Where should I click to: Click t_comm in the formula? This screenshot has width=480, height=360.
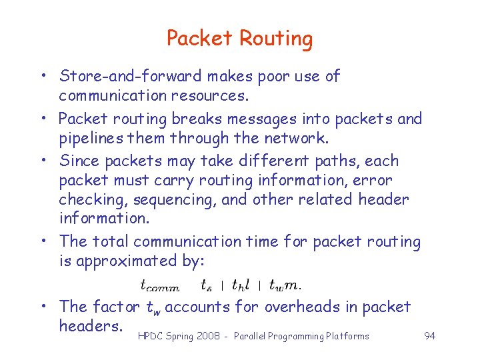(x=159, y=285)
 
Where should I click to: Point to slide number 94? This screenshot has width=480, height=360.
(x=430, y=336)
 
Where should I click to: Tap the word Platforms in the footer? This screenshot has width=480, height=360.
(x=347, y=336)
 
